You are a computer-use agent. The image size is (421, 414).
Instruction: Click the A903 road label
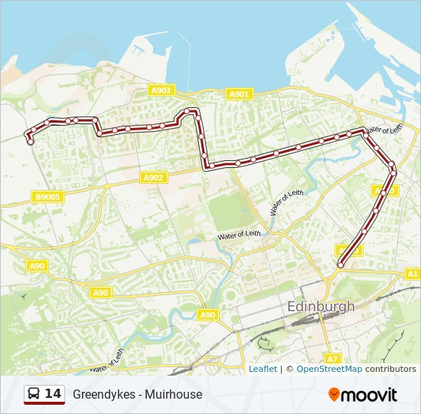(x=161, y=90)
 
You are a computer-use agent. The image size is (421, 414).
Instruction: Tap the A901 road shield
(x=240, y=94)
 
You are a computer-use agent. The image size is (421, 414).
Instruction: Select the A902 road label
(x=154, y=178)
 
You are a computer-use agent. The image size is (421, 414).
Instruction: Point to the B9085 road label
(x=47, y=197)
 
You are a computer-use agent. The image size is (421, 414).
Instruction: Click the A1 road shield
(x=412, y=274)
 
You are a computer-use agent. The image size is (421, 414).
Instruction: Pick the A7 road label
(x=331, y=358)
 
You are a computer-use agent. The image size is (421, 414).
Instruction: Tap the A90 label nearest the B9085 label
(x=38, y=265)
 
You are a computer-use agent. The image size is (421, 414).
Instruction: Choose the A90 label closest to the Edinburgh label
(x=207, y=314)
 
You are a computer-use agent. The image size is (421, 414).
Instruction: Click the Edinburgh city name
(x=321, y=306)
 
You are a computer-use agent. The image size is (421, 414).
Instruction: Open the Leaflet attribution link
(x=263, y=369)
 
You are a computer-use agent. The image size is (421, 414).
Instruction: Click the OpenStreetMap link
(x=329, y=369)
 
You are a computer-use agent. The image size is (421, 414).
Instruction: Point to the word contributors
(x=390, y=369)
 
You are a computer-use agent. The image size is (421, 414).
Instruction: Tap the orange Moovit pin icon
(x=334, y=395)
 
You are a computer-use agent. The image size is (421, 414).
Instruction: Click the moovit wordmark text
(x=369, y=395)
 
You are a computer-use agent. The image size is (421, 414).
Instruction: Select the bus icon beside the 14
(x=34, y=394)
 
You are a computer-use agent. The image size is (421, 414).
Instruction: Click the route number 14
(x=53, y=394)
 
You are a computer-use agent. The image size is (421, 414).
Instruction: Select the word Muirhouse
(x=176, y=395)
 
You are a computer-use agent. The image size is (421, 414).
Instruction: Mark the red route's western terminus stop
(x=31, y=141)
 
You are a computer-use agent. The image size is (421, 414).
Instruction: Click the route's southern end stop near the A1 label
(x=341, y=265)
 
